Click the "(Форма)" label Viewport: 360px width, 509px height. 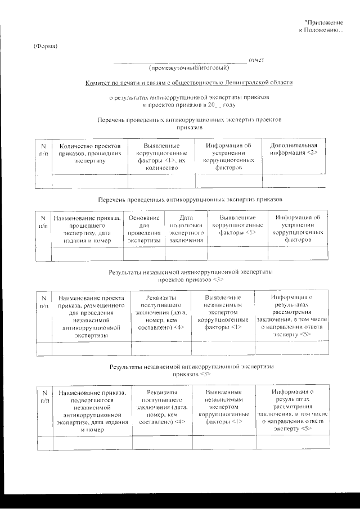pos(46,46)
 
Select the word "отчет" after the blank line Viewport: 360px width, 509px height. pos(256,59)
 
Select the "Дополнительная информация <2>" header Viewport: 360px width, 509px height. pos(294,149)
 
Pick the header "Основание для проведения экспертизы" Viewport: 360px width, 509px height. pos(144,229)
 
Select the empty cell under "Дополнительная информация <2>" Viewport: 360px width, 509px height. pos(294,181)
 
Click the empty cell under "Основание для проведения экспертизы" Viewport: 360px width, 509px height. pos(144,254)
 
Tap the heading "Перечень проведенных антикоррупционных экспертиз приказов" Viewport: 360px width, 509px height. pos(189,199)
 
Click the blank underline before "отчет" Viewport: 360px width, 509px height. pos(179,60)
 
